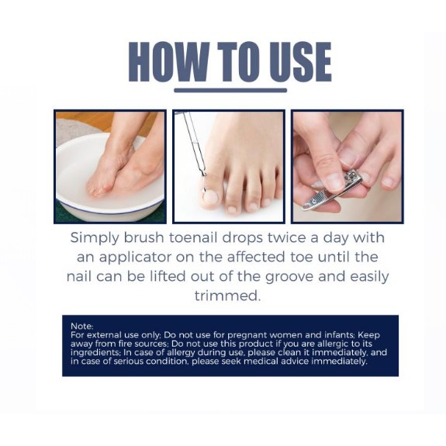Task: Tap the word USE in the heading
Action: pyautogui.click(x=300, y=62)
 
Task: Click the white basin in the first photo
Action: pyautogui.click(x=78, y=194)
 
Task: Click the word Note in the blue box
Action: pyautogui.click(x=81, y=326)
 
